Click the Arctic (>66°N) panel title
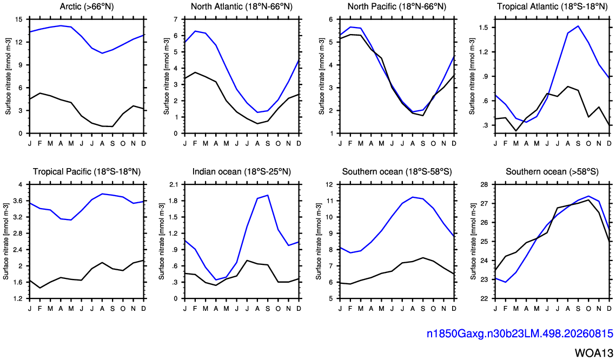pos(87,6)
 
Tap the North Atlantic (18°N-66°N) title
pos(242,6)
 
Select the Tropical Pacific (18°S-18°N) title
pos(87,171)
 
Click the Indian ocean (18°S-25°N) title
pos(242,171)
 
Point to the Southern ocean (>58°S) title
pos(552,171)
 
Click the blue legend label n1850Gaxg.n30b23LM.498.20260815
pos(520,334)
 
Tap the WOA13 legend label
pos(594,352)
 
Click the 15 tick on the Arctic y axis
pos(19,19)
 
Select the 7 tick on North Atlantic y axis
pos(176,19)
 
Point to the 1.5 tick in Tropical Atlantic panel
pos(483,27)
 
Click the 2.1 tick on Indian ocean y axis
pos(173,184)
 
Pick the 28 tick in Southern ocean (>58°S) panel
pos(485,184)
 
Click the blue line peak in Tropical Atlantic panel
pos(578,26)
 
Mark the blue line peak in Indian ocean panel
pos(268,195)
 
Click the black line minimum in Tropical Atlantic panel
pos(516,131)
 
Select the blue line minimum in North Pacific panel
pos(413,112)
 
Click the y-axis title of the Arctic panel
pos(8,77)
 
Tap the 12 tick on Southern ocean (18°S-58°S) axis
pos(329,184)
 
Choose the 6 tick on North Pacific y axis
pos(331,19)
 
